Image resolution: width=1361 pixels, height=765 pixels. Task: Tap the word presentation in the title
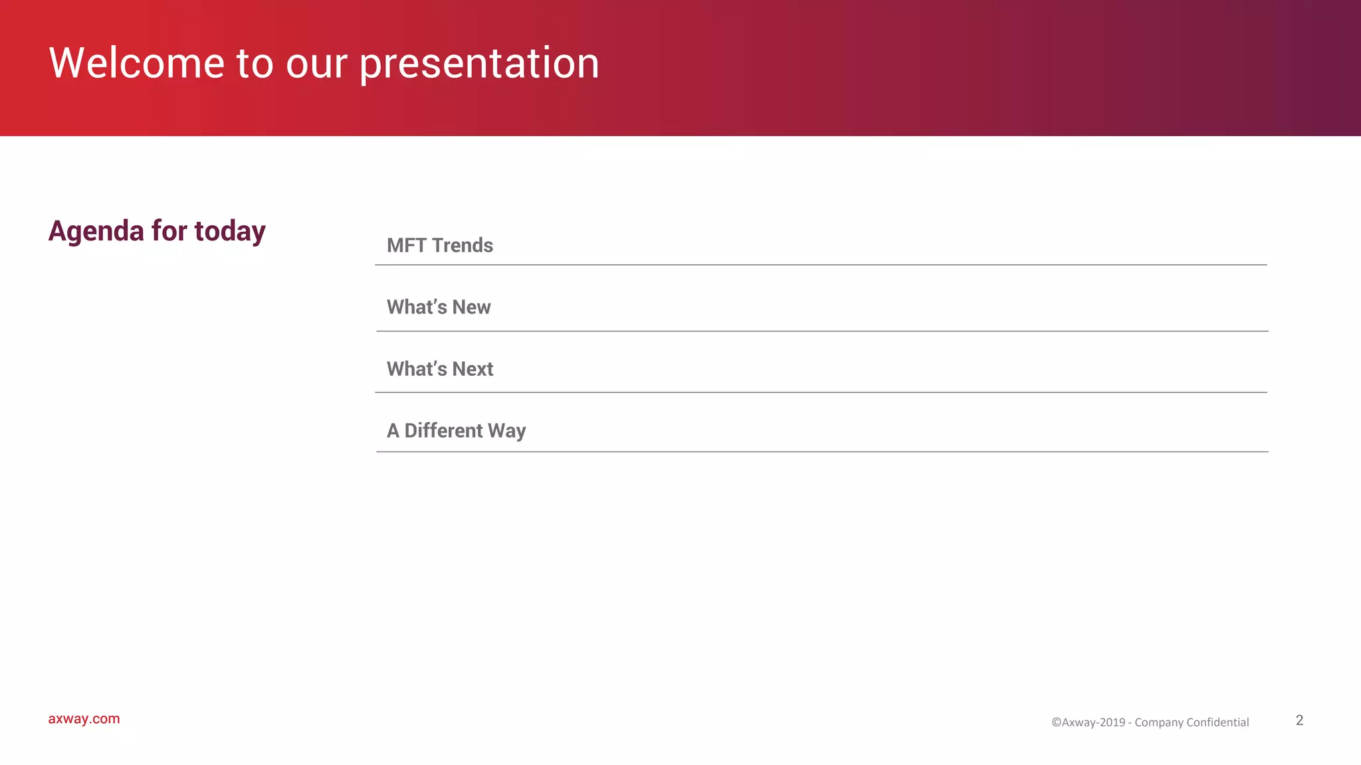click(479, 64)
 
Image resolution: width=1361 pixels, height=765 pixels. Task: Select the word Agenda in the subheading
click(96, 232)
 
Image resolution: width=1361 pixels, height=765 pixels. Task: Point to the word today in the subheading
click(230, 231)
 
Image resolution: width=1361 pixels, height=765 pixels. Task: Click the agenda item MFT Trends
click(440, 246)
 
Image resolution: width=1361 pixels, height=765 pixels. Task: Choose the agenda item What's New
click(439, 307)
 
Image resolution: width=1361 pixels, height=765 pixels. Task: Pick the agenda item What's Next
click(440, 369)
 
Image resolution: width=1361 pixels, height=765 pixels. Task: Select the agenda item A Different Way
click(457, 430)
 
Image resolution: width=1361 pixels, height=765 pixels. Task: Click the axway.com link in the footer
click(84, 719)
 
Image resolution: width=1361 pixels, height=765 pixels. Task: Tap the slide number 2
click(1299, 720)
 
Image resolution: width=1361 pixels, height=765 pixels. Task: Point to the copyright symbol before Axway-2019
click(1056, 722)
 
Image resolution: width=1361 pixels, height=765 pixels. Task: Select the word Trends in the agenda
click(463, 246)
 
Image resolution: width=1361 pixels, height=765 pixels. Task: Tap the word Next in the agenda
click(472, 369)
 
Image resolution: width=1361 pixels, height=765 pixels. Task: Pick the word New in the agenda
click(471, 307)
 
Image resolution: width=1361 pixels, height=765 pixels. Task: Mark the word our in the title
click(316, 64)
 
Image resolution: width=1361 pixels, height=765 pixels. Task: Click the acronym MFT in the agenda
click(406, 246)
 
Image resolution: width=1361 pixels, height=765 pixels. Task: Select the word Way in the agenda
click(507, 431)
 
